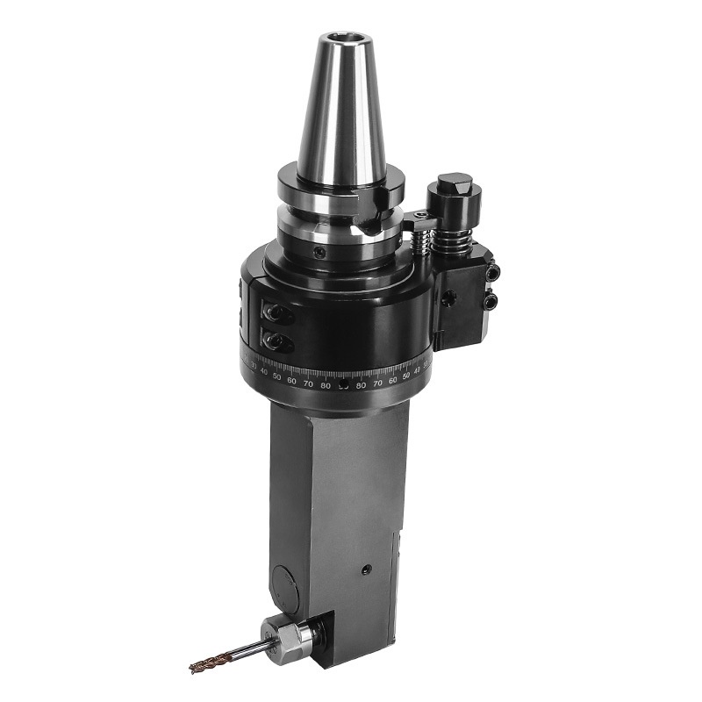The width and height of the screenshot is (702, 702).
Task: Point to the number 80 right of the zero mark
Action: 361,385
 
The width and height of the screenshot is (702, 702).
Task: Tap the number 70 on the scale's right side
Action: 377,383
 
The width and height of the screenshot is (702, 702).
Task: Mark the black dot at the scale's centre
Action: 343,386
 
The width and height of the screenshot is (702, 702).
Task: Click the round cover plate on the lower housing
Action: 285,583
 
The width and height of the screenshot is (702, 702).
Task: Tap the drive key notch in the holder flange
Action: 369,197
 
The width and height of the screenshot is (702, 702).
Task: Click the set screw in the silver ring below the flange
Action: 321,252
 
